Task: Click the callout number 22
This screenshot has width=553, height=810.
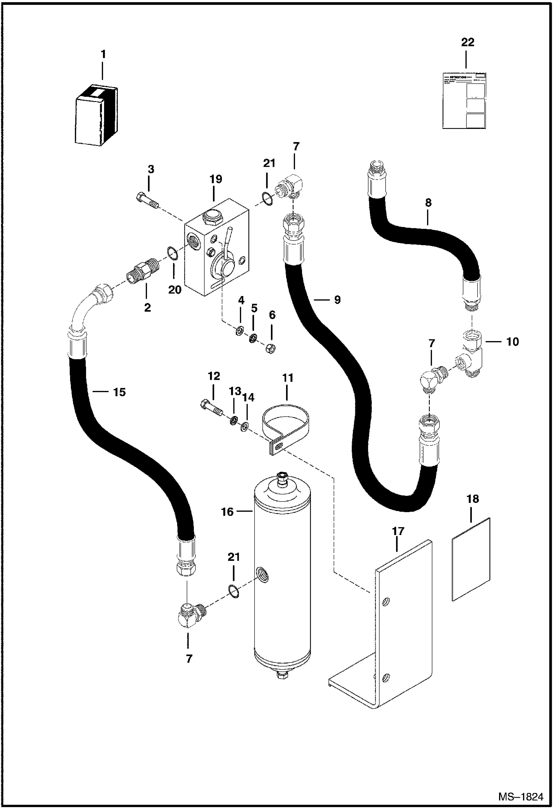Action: tap(467, 42)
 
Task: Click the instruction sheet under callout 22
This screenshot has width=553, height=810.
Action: tap(464, 100)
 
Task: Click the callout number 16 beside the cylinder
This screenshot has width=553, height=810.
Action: tap(227, 512)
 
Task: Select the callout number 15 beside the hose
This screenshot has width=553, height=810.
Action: tap(119, 392)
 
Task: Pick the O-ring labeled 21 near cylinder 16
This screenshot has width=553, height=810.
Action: tap(233, 591)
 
